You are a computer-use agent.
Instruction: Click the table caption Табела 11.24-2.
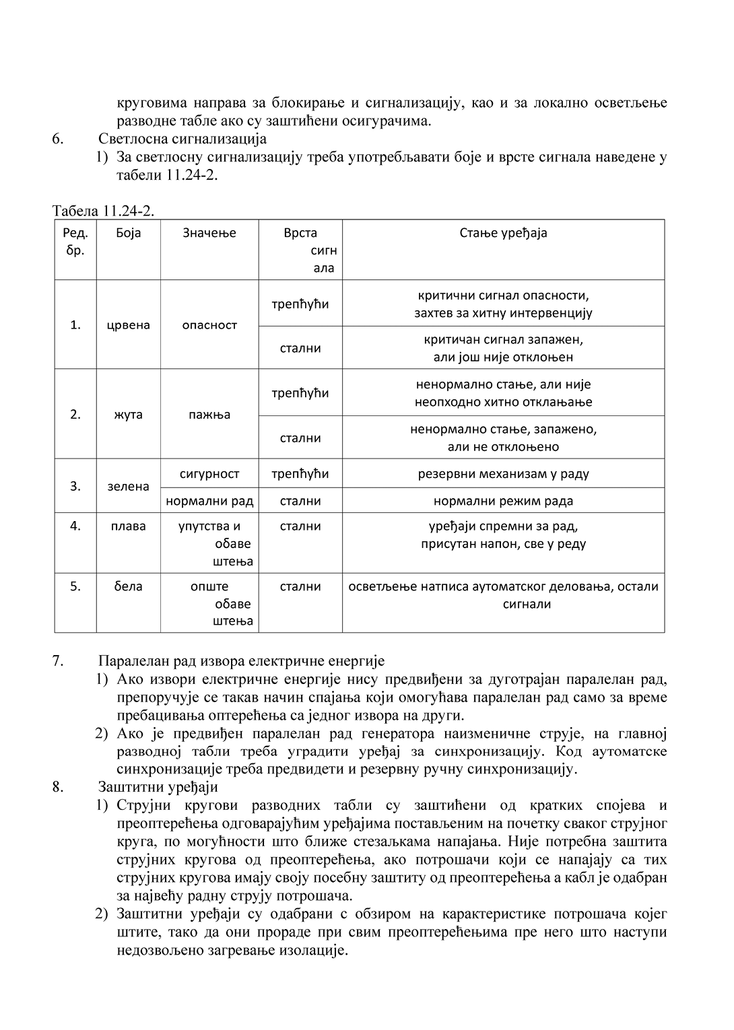coord(104,211)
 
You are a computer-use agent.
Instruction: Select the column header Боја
coord(128,233)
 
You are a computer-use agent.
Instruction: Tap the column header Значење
coord(209,233)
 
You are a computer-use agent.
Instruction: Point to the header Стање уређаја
coord(503,233)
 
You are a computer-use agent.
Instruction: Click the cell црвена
coord(128,325)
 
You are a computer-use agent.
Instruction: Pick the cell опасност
coord(209,325)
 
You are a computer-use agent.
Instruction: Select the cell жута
coord(128,415)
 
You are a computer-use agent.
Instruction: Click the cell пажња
coord(209,415)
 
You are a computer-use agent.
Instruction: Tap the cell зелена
coord(128,487)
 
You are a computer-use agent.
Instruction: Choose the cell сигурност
coord(209,474)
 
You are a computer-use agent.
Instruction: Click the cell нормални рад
coord(209,501)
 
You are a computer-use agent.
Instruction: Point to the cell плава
coord(128,526)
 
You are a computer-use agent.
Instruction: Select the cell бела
coord(128,586)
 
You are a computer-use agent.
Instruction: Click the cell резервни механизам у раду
coord(503,474)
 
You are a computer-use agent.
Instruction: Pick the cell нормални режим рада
coord(503,501)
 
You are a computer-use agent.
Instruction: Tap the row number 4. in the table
coord(75,526)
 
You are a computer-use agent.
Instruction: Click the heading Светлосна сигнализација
coord(182,139)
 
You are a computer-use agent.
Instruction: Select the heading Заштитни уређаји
coord(158,787)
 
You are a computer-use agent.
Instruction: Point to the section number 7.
coord(58,660)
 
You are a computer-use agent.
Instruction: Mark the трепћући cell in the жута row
coord(300,393)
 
